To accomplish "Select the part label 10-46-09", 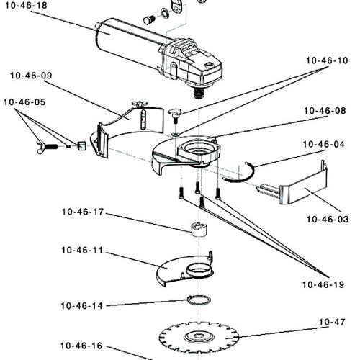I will pyautogui.click(x=31, y=75).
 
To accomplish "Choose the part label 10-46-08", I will pyautogui.click(x=325, y=111).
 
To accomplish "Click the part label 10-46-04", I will pyautogui.click(x=324, y=144).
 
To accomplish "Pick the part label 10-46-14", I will pyautogui.click(x=81, y=305).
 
